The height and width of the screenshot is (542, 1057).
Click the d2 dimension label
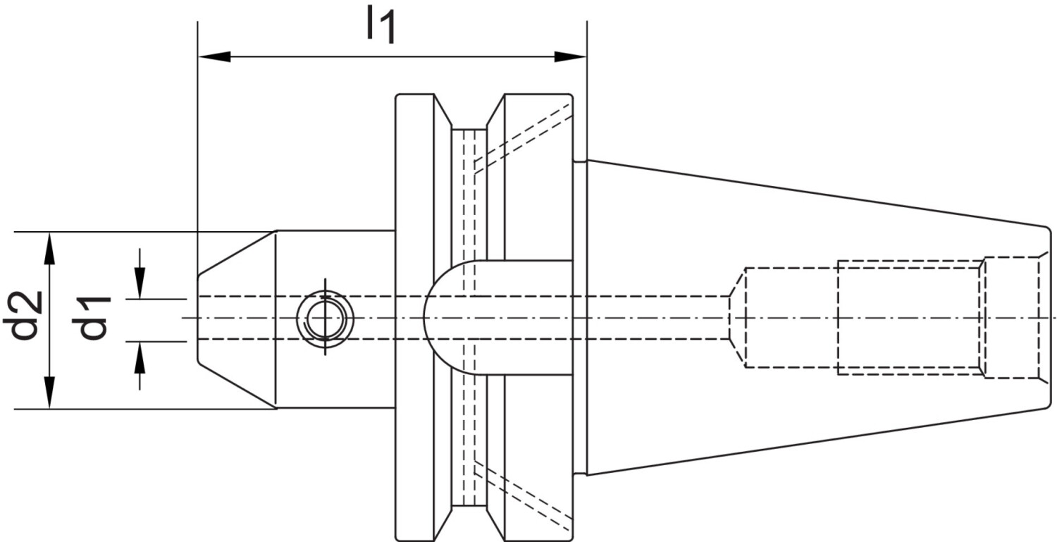[x=23, y=315]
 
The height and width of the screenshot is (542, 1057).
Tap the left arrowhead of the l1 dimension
[x=215, y=56]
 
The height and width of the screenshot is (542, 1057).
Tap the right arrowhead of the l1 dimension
[x=570, y=56]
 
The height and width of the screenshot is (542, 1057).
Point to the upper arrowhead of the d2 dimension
[x=49, y=248]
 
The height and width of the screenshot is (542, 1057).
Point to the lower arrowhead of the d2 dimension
[x=49, y=393]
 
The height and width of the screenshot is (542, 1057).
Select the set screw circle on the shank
[x=325, y=318]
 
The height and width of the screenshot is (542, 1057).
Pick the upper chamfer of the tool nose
[x=236, y=252]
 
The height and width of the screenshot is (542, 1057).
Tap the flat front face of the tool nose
[x=198, y=319]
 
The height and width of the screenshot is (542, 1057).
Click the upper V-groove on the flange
[x=469, y=111]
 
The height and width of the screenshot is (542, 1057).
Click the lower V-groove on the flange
[x=469, y=524]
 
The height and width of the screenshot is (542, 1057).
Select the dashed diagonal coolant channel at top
[x=523, y=138]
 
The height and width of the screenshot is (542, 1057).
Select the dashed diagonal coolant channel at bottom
[x=523, y=497]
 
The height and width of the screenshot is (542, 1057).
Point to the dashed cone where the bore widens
[x=738, y=318]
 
